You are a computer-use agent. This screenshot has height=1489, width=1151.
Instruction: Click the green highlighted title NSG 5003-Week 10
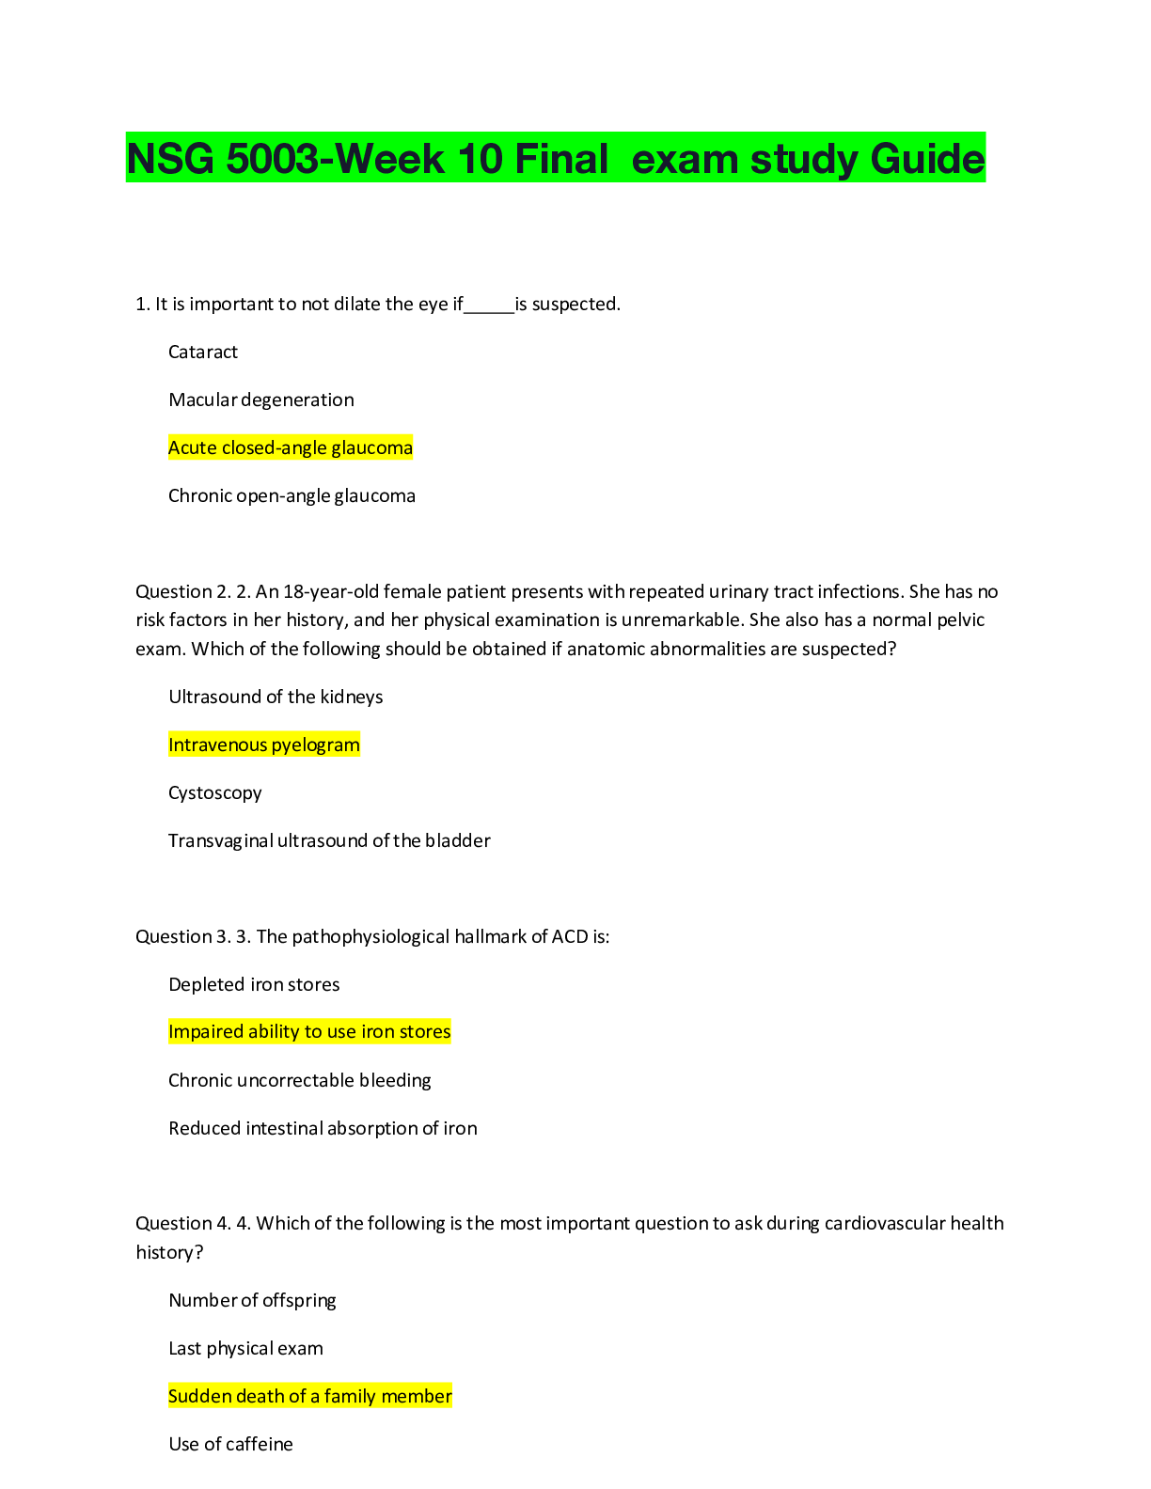pos(555,158)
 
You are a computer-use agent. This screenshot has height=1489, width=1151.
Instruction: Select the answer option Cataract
pos(203,353)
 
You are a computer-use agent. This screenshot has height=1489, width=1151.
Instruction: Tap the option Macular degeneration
pos(261,400)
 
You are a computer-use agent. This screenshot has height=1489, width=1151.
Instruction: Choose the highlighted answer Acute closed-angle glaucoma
pos(291,448)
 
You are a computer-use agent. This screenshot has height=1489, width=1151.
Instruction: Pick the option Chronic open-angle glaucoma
pos(292,496)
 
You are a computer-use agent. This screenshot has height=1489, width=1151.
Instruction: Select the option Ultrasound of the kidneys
pos(276,697)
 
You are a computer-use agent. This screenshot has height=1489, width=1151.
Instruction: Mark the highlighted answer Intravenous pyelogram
pos(264,745)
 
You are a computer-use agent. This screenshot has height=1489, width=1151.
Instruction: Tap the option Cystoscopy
pos(215,793)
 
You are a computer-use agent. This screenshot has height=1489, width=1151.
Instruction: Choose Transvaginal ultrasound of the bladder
pos(329,841)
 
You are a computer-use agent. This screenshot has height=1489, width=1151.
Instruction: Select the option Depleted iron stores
pos(254,985)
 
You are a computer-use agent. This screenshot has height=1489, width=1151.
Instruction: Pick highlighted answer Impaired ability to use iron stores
pos(309,1032)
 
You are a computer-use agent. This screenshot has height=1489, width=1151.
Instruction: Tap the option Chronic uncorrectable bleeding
pos(299,1081)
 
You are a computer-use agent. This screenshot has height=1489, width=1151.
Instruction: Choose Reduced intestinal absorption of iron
pos(323,1129)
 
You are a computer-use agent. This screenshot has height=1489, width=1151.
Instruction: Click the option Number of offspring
pos(252,1301)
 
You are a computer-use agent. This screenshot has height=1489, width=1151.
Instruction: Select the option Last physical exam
pos(245,1349)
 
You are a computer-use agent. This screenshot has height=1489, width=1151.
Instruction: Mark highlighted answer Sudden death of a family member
pos(310,1397)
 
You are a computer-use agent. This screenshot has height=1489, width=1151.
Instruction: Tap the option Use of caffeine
pos(230,1445)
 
